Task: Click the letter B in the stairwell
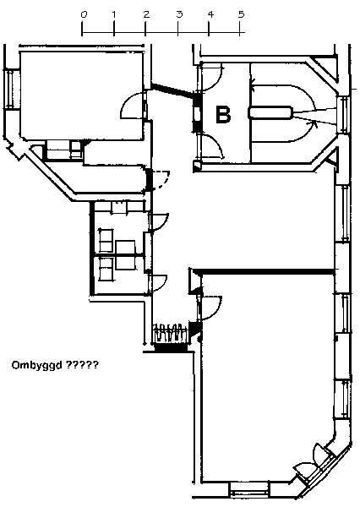(223, 114)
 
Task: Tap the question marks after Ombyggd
(82, 365)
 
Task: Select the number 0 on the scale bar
(84, 14)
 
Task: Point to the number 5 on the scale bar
(242, 14)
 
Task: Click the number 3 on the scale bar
(179, 14)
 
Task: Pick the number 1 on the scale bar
(114, 14)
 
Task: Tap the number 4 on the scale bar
(210, 14)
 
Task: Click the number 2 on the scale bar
(146, 14)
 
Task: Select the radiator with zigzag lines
(171, 332)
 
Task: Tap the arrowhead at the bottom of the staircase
(313, 123)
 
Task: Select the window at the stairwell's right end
(343, 114)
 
